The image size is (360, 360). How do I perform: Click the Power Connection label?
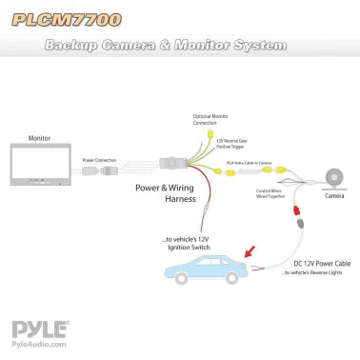(99, 160)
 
